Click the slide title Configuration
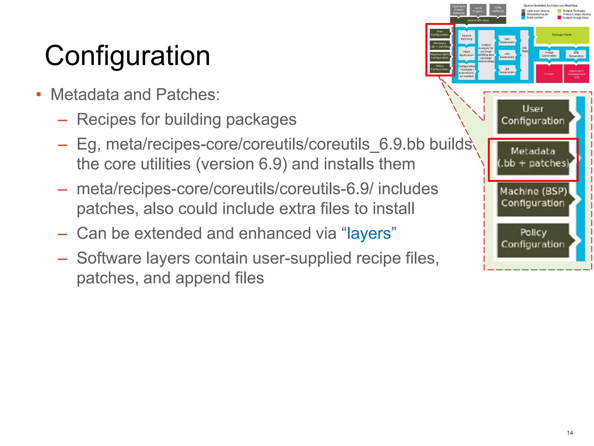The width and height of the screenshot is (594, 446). pos(127,56)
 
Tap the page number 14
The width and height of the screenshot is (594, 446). pos(570,433)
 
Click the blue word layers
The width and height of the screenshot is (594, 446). pos(369,233)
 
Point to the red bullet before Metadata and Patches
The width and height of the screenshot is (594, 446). pos(38,94)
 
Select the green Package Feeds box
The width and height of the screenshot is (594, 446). pos(562,35)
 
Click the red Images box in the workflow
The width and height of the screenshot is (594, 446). pos(549,74)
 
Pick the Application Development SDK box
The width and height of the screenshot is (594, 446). pos(576,74)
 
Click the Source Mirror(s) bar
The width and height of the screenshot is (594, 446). pos(478,20)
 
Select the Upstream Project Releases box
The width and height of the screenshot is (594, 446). pos(459,10)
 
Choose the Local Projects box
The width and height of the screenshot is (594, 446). pos(478,10)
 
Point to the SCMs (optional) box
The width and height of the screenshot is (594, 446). pos(498,10)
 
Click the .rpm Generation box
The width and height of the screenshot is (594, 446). pos(507,41)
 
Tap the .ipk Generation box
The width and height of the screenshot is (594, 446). pos(507,71)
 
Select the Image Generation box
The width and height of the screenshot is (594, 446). pos(549,54)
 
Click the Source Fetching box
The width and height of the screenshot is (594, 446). pos(466,37)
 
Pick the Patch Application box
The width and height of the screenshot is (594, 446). pos(466,54)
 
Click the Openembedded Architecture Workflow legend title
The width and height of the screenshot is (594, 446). pos(550,6)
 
